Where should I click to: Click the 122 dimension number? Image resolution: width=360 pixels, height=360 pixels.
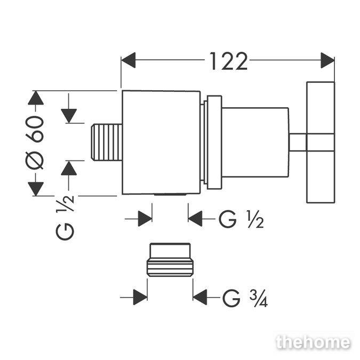point(229,61)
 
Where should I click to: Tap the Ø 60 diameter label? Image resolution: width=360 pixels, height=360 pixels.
point(35,143)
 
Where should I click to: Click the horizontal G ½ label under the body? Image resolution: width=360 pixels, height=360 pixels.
point(241,219)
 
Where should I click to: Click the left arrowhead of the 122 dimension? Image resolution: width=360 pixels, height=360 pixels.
point(129,60)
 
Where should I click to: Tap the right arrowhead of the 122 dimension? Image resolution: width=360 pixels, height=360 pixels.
point(327,60)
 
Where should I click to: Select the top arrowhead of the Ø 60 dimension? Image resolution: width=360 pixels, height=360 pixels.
point(36,98)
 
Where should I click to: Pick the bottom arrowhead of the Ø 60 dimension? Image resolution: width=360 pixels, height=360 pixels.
point(36,189)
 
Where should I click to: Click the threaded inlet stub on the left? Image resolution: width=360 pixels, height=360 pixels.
point(107,142)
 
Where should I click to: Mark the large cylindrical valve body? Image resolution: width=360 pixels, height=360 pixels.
point(161,142)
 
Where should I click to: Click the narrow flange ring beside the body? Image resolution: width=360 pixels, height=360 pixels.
point(215,142)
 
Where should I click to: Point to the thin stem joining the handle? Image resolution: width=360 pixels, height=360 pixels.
point(298,142)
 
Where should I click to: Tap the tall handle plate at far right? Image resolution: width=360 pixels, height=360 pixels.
point(321,142)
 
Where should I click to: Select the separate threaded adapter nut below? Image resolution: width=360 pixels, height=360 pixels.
point(170,260)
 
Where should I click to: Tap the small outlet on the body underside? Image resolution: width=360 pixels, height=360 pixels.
point(170,195)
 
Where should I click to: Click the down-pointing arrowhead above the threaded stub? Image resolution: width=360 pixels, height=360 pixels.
point(69,116)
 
